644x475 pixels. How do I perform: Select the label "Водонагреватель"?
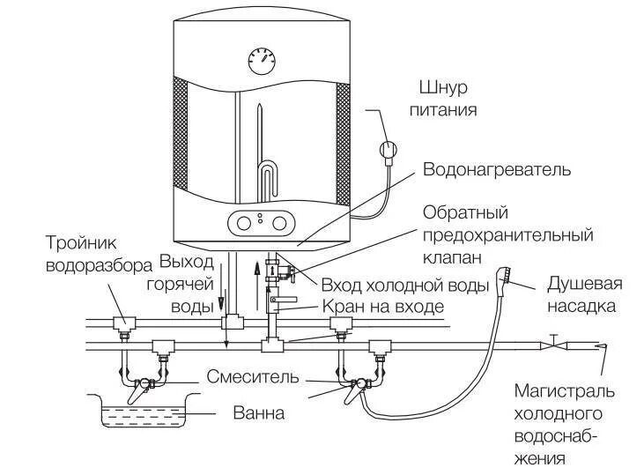(497, 168)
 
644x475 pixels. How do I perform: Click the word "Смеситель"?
(253, 377)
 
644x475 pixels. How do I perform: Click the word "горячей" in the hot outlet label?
(188, 284)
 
